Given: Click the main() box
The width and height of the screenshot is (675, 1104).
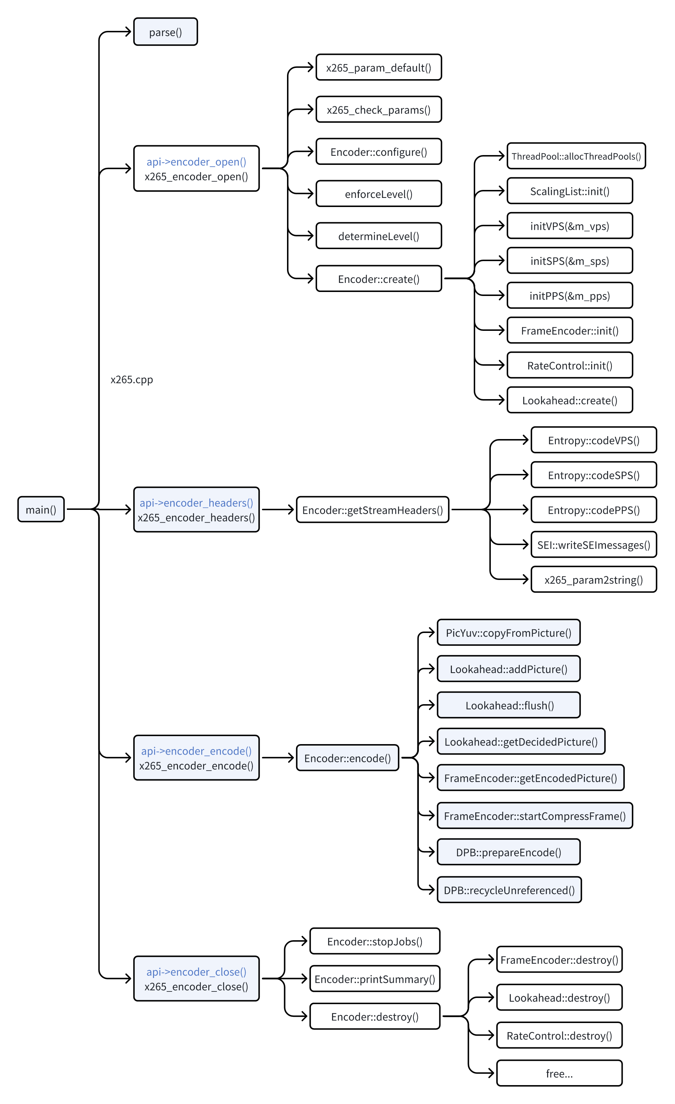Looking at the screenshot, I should tap(41, 509).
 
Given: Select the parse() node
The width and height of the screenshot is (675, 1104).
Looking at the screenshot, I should tap(165, 32).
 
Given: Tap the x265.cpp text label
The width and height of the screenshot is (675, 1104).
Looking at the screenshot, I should tap(132, 379).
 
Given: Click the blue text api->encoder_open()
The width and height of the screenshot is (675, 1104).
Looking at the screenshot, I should tap(196, 161).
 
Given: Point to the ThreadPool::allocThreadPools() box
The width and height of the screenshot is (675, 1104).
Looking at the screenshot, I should tap(576, 156).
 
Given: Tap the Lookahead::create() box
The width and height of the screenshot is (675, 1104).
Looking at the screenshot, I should tap(569, 400).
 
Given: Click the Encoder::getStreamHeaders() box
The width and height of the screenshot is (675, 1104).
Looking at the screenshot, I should tap(372, 510).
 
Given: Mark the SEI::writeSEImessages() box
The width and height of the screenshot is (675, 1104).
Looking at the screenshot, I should tap(593, 544).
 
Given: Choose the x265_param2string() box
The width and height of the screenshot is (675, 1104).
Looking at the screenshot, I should tap(593, 579).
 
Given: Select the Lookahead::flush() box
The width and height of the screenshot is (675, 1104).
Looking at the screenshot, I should tap(508, 705).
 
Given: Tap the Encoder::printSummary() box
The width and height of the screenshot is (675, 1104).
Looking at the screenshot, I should tap(375, 979).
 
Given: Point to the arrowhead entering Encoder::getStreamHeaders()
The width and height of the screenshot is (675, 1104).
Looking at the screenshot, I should tap(291, 510).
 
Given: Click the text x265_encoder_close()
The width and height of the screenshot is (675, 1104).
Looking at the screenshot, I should tap(196, 986).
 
